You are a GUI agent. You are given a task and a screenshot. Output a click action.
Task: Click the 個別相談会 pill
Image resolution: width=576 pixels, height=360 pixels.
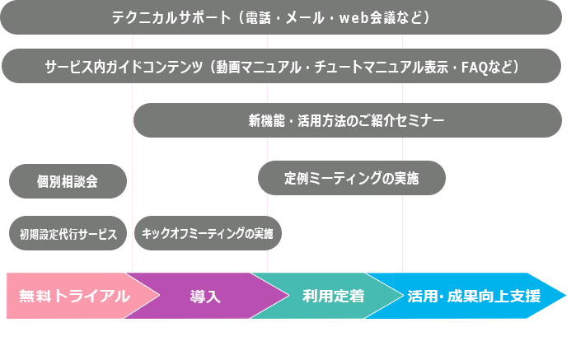click(x=68, y=181)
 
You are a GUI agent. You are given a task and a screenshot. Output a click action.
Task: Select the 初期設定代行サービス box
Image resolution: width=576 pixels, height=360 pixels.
click(x=68, y=233)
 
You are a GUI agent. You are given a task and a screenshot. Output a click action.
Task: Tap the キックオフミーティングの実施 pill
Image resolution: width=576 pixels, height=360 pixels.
click(x=208, y=233)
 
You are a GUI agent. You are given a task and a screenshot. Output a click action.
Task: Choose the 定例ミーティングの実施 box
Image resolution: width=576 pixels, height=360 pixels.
click(x=352, y=178)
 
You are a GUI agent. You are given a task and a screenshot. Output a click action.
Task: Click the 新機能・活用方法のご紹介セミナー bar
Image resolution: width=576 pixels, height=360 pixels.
click(x=348, y=120)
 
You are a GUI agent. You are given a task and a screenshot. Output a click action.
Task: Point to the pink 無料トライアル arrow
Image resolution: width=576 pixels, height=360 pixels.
click(x=73, y=296)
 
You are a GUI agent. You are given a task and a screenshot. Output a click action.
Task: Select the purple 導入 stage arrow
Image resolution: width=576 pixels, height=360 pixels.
click(x=206, y=296)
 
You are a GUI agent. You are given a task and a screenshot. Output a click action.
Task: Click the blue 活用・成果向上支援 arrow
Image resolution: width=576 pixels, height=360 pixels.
click(x=474, y=296)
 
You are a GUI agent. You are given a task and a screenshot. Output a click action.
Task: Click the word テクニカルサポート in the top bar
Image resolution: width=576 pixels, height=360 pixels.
click(x=171, y=17)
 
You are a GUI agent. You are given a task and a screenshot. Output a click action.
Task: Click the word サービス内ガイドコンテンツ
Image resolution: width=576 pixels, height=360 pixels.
click(x=124, y=67)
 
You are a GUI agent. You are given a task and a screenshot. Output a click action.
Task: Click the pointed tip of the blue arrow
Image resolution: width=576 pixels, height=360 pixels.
click(x=566, y=296)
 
